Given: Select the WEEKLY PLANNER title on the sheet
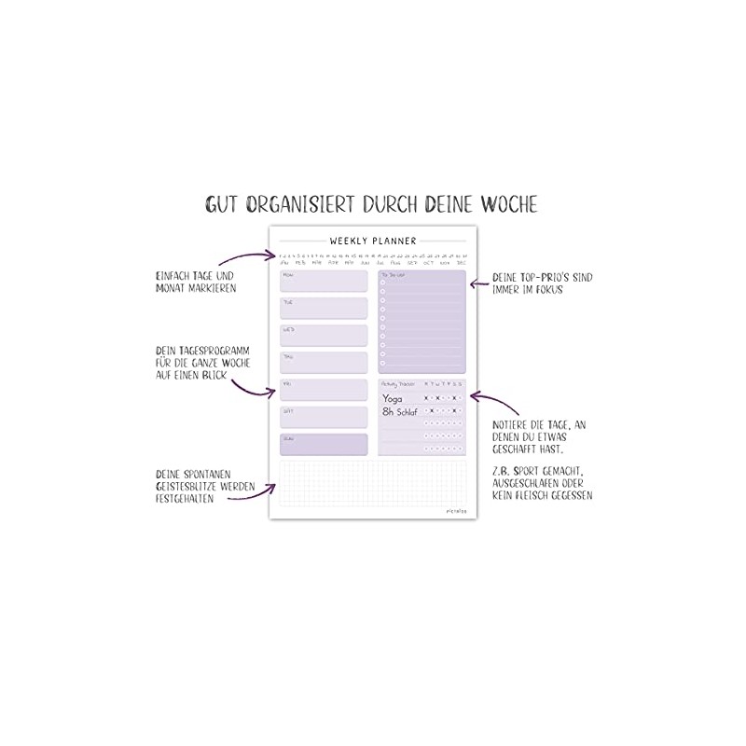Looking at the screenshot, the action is (x=373, y=241).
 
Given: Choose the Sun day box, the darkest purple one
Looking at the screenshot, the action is (x=324, y=445).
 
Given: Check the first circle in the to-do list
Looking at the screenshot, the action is (x=383, y=283).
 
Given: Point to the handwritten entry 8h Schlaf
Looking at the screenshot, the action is (x=400, y=410).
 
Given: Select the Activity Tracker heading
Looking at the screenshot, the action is (x=398, y=383).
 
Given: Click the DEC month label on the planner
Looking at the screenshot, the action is (x=461, y=263).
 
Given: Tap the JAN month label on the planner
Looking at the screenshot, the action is (x=284, y=263).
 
